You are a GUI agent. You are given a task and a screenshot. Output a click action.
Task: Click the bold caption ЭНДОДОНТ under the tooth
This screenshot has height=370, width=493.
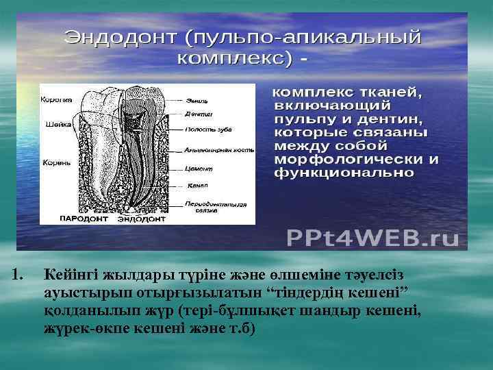click(x=141, y=220)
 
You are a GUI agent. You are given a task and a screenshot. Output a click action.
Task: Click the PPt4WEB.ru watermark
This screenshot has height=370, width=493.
click(x=372, y=237)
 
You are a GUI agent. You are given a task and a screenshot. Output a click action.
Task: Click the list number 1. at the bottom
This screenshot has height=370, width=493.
click(x=18, y=275)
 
